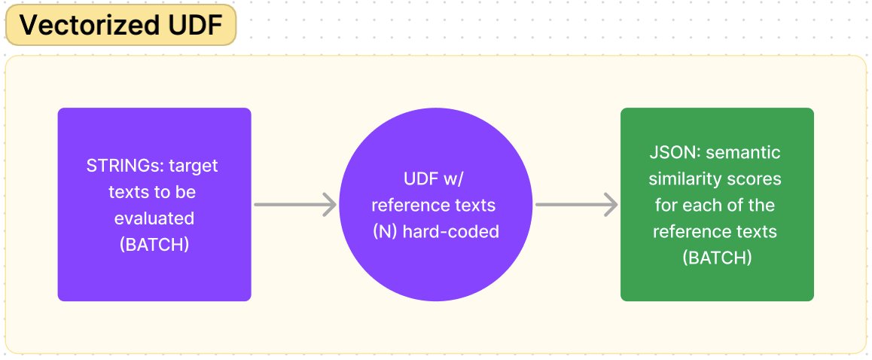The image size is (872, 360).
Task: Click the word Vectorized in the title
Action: pos(78,26)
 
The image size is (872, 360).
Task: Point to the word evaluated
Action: pos(154,218)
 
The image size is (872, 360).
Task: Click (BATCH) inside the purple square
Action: pos(154,245)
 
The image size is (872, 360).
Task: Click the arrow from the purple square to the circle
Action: pos(294,204)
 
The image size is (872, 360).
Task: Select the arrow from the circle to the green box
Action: pos(576,204)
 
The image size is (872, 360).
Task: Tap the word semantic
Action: pos(744,153)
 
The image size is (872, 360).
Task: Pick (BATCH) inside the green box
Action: pos(716,258)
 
